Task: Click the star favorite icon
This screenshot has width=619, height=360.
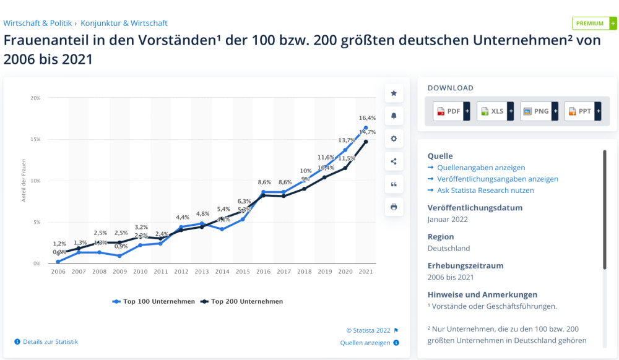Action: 394,93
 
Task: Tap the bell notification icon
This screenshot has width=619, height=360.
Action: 394,116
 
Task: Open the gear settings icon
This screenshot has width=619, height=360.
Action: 394,139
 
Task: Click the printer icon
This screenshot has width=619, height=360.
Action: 394,207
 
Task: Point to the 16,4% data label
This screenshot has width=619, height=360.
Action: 367,118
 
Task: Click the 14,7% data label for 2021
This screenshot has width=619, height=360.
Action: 367,132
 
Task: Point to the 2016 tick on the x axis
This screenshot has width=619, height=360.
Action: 264,272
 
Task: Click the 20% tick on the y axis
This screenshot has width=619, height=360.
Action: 35,98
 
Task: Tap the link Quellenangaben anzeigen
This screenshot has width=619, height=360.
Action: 481,168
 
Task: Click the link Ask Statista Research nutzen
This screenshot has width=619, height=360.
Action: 485,191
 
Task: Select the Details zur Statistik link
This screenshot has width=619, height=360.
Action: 50,342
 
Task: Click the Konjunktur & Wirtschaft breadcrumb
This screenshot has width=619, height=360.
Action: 124,24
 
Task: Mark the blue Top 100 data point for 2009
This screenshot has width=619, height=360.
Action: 119,256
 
